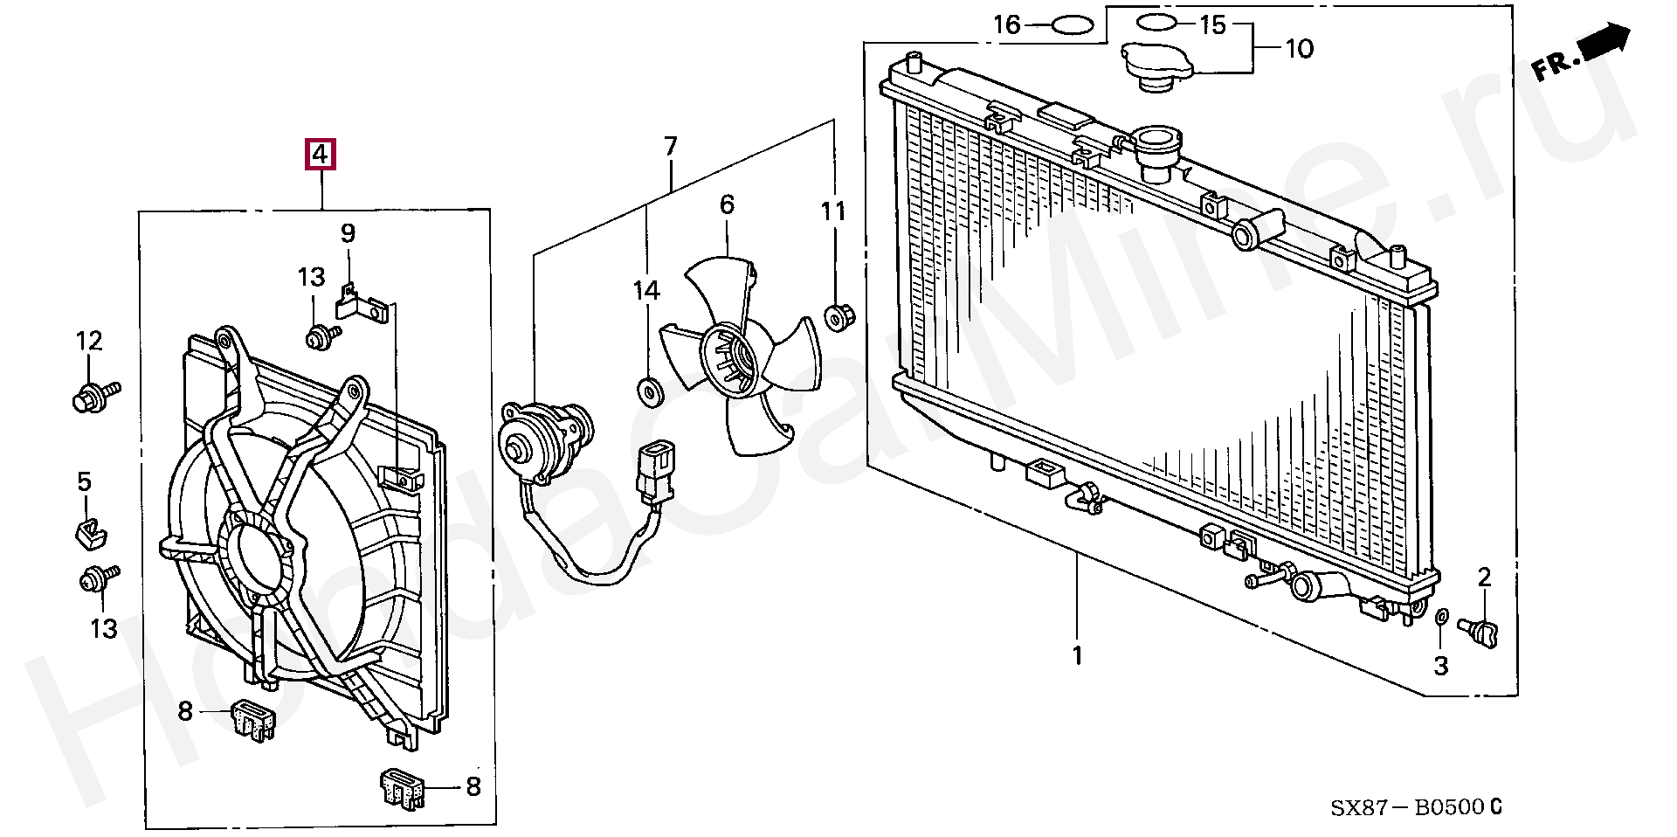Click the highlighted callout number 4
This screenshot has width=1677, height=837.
click(321, 155)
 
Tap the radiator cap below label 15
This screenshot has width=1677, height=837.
click(1158, 66)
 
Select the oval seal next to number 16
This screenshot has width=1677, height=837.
click(1073, 25)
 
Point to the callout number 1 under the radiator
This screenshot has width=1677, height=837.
click(1077, 654)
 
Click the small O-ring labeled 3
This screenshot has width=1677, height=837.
click(1442, 619)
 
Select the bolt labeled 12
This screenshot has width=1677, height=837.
click(93, 396)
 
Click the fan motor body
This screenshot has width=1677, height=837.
click(543, 442)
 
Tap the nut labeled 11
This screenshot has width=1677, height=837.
click(838, 315)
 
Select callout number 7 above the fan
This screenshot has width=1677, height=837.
click(670, 146)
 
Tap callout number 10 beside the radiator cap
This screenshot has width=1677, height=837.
click(1300, 48)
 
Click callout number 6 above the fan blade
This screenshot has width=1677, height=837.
click(727, 204)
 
